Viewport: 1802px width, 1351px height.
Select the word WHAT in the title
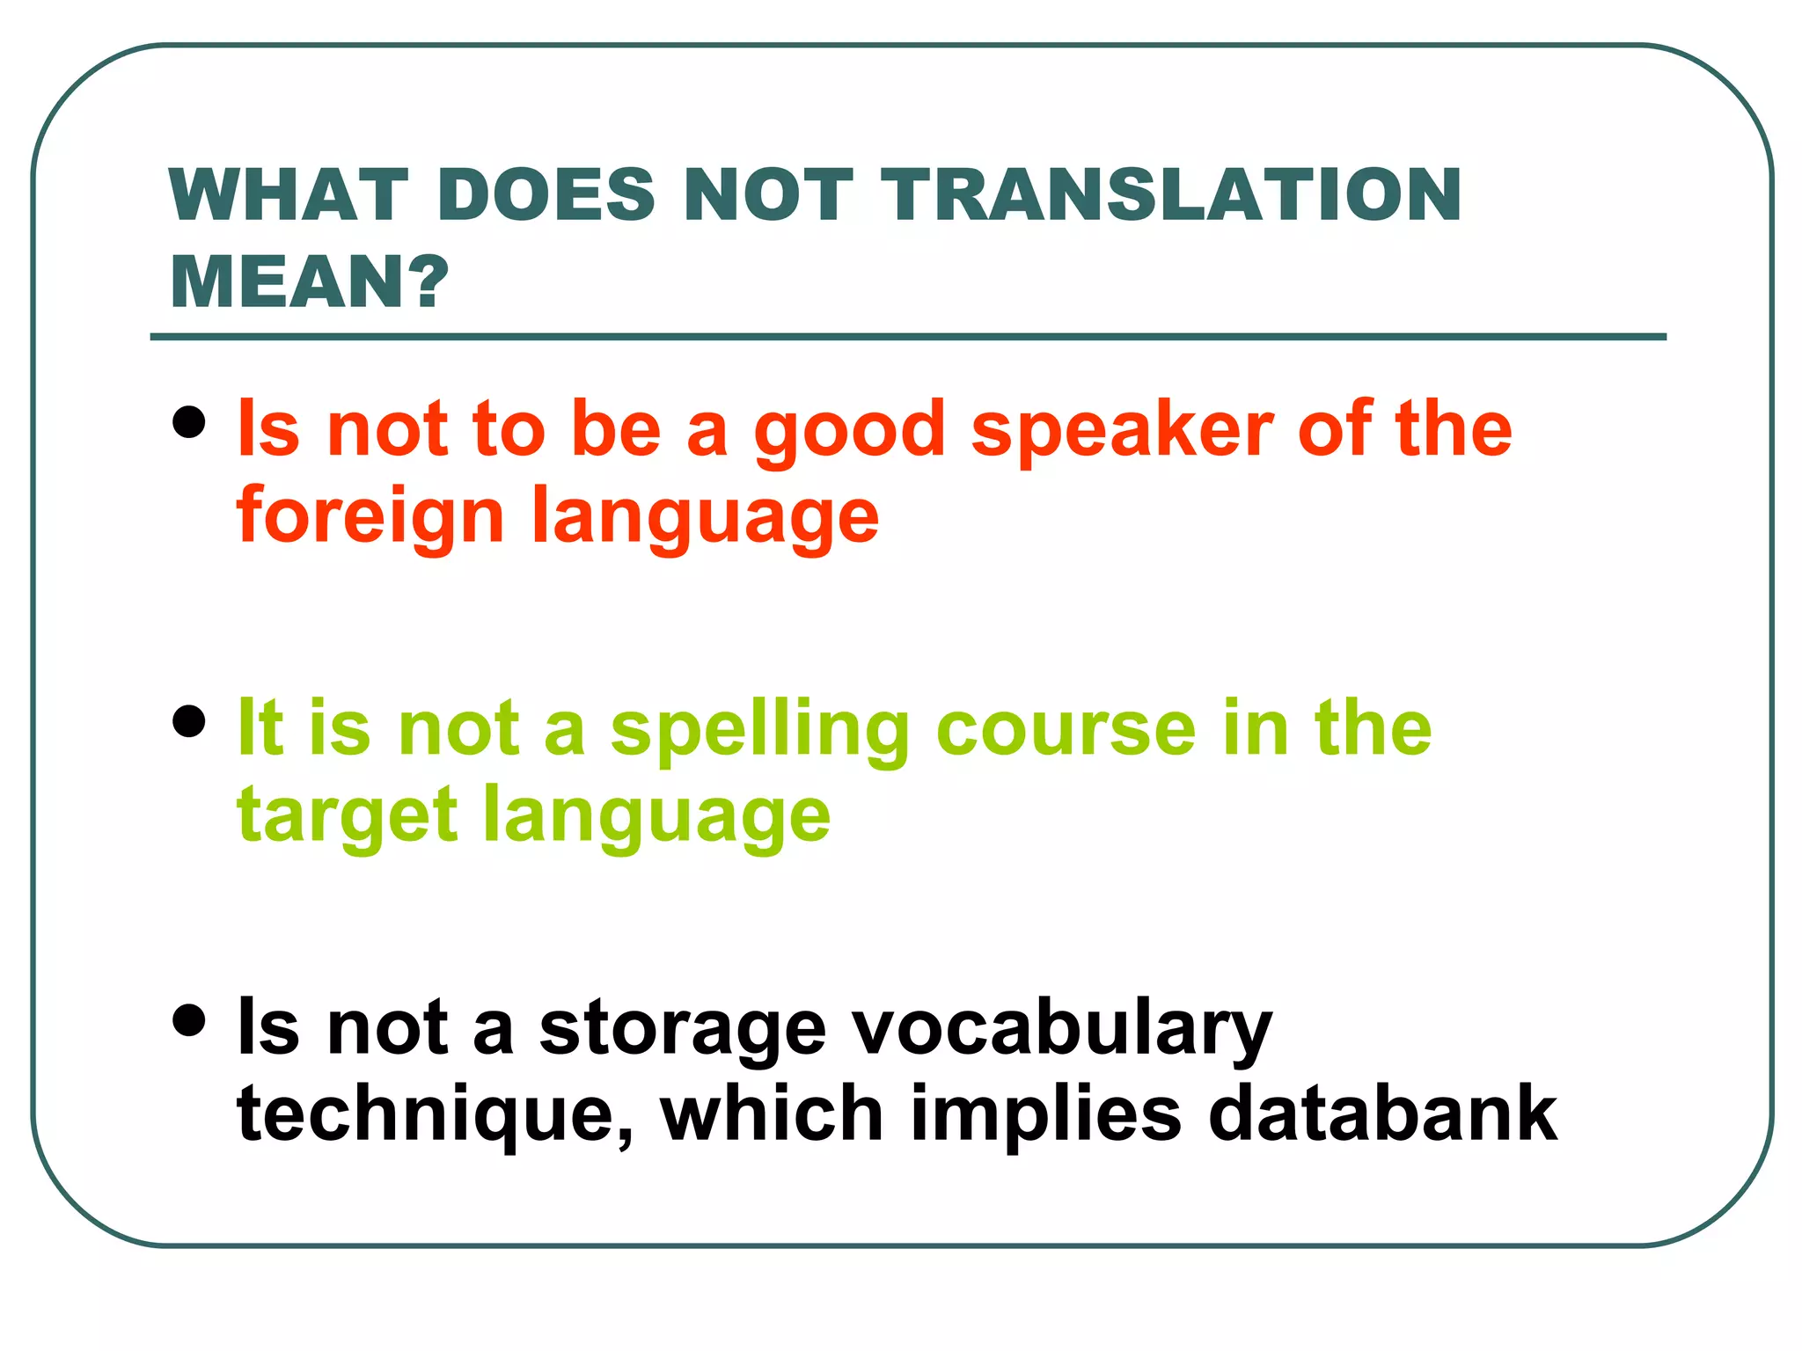(x=289, y=194)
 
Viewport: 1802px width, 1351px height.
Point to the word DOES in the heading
(x=546, y=194)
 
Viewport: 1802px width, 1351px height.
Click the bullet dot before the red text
(x=189, y=422)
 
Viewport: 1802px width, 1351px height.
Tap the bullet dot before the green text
(x=189, y=722)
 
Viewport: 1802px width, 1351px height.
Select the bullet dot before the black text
(x=189, y=1021)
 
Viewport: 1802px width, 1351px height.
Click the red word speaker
(x=1122, y=431)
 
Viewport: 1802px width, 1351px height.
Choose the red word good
(x=849, y=431)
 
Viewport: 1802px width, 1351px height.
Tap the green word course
(x=1066, y=730)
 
